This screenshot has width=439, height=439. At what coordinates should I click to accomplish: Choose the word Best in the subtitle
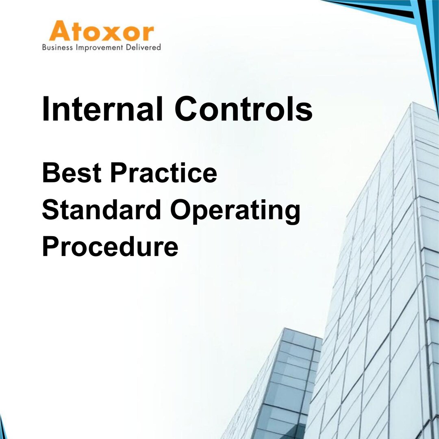pyautogui.click(x=72, y=172)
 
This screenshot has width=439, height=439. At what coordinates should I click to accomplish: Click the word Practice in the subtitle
pyautogui.click(x=163, y=172)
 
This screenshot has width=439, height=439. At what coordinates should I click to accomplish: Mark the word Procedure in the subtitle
pyautogui.click(x=110, y=246)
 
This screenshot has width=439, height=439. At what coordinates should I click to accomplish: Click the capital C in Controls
pyautogui.click(x=188, y=109)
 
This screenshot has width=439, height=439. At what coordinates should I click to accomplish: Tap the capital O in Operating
pyautogui.click(x=183, y=210)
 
